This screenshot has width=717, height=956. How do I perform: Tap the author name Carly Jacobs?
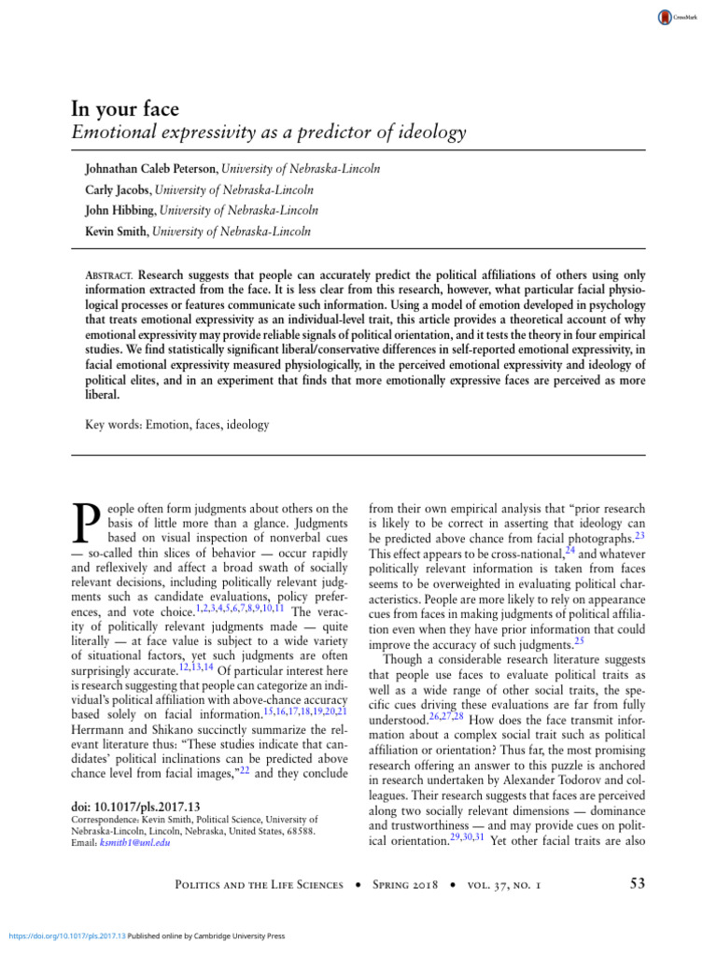(x=113, y=190)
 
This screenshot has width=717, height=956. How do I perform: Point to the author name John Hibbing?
(x=115, y=211)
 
